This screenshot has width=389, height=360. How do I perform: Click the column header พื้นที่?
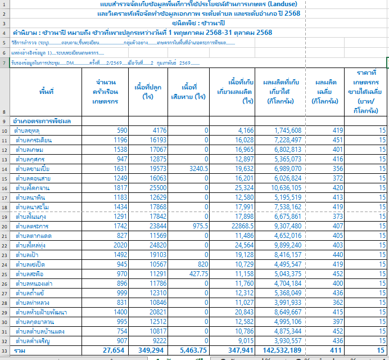click(47, 91)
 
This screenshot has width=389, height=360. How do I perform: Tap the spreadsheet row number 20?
click(4, 226)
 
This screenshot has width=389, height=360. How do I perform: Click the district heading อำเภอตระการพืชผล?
click(45, 121)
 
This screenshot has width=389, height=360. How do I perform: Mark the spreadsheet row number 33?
click(4, 351)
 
